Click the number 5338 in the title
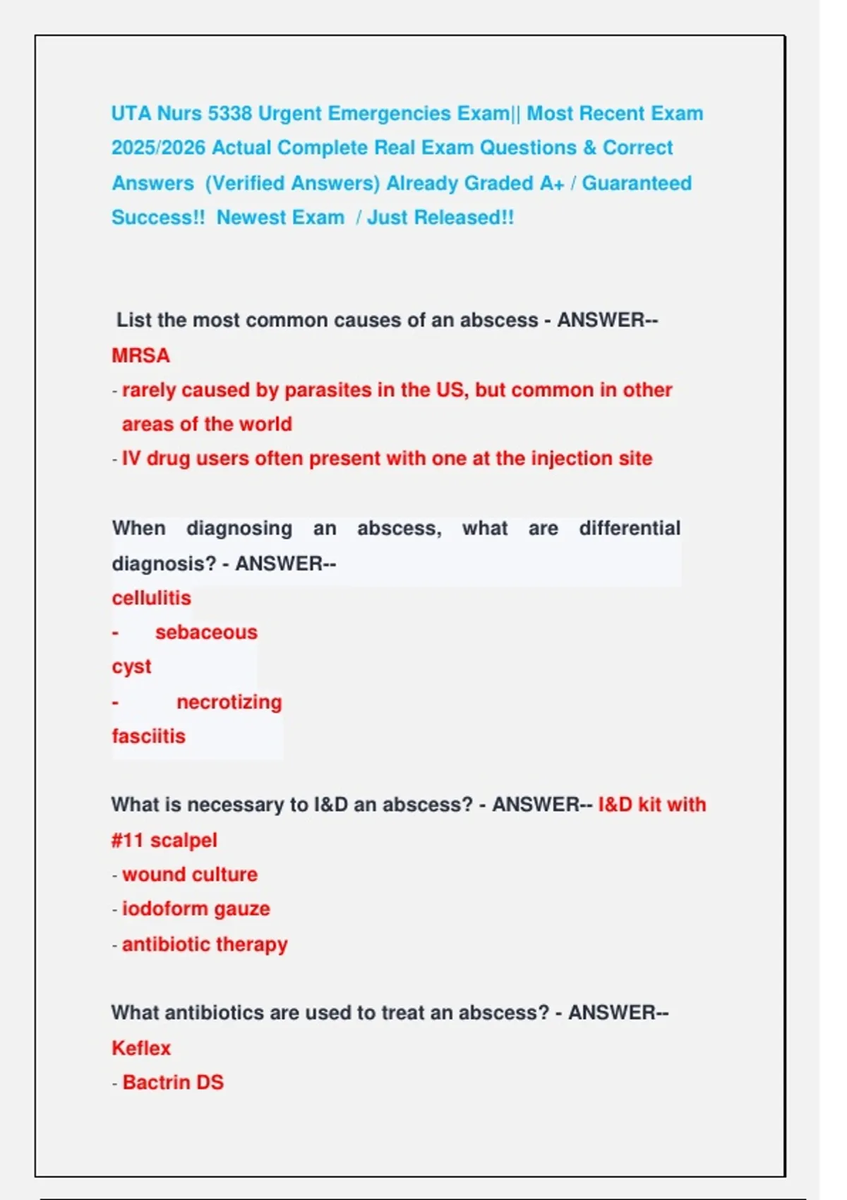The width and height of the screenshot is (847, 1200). click(229, 114)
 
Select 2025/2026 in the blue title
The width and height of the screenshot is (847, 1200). click(158, 148)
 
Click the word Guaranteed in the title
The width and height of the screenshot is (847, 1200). click(636, 184)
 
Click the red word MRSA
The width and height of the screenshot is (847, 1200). click(140, 355)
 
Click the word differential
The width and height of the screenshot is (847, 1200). click(629, 529)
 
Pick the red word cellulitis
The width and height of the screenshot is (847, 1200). click(151, 598)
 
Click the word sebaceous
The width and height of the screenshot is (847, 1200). click(206, 632)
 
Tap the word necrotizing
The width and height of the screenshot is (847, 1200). click(229, 702)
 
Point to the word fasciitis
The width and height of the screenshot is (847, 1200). click(148, 736)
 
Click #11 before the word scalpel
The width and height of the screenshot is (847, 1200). click(128, 841)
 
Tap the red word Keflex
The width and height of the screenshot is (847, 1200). click(141, 1048)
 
